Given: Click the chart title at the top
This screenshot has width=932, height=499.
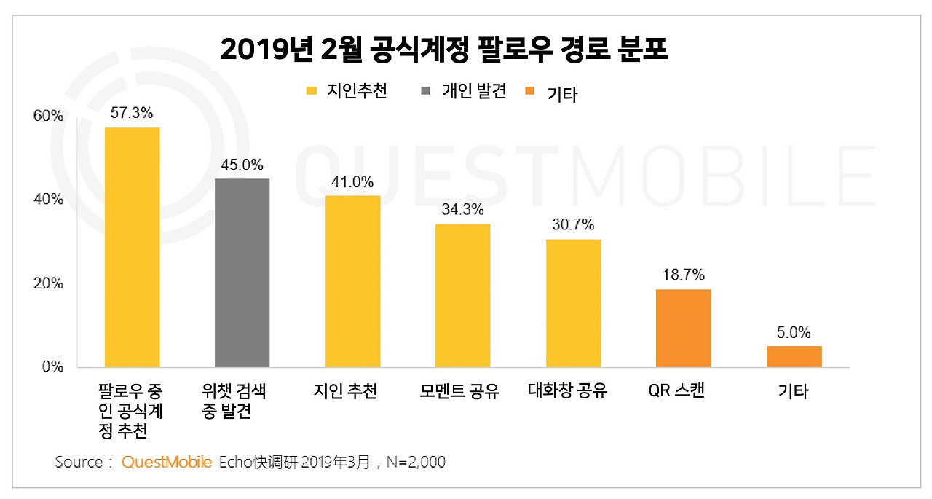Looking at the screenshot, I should [443, 50].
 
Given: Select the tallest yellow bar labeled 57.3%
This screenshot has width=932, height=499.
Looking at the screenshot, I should [132, 247].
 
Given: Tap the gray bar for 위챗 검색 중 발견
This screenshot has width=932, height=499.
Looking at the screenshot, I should [242, 272].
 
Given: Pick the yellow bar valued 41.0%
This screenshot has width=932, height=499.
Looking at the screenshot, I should [352, 281].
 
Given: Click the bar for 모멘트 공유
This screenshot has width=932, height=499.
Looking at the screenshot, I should [462, 295].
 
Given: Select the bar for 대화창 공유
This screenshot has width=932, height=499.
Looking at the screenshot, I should [573, 303].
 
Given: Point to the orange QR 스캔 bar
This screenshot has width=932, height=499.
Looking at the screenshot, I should [683, 328].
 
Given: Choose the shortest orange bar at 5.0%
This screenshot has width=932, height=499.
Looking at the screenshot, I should [794, 356].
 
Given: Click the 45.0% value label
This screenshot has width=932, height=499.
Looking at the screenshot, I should [242, 165].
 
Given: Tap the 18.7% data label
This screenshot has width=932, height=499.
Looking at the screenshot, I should [683, 275].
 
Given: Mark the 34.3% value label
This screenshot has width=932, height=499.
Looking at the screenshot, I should [462, 210].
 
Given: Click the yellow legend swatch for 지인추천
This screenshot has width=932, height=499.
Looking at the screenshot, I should [312, 91].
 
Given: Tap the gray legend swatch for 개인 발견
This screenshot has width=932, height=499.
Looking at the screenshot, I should [426, 91].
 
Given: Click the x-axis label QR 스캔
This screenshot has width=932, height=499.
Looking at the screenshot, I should [676, 392].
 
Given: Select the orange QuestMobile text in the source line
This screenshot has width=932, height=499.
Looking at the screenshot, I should [167, 462].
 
